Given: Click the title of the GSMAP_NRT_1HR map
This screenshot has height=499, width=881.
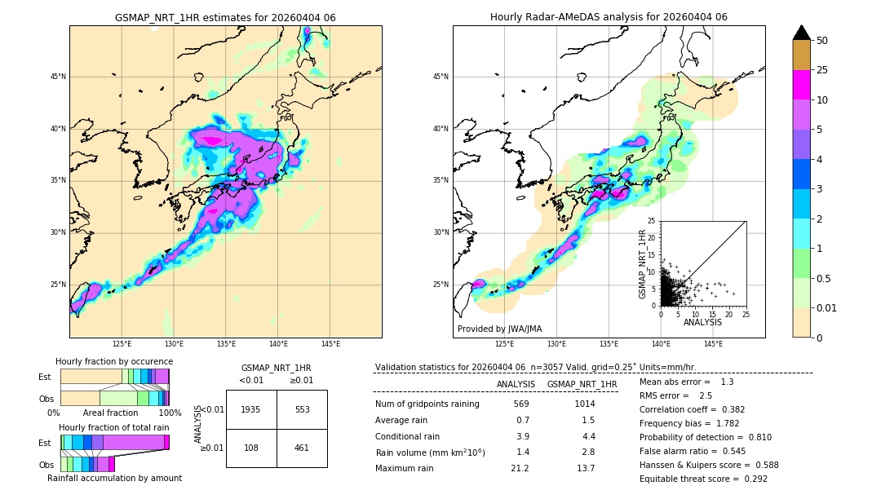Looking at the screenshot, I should [x=225, y=17].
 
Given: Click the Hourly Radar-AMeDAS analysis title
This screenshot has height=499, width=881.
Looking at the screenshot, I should [x=609, y=17].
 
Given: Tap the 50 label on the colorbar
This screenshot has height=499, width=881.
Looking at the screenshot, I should [x=822, y=41].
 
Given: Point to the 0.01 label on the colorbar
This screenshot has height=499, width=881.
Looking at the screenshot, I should [x=827, y=307].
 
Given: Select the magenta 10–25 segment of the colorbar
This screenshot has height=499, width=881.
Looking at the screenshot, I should [x=801, y=85].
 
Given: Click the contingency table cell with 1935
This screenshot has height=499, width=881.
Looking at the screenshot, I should [x=251, y=409].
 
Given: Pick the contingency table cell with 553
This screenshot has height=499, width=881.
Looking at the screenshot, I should [x=302, y=409].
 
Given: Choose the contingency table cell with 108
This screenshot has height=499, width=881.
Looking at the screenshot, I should [x=251, y=448].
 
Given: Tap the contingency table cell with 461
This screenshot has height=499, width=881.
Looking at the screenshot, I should [x=302, y=448].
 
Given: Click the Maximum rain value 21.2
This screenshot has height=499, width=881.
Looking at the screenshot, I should [x=520, y=468].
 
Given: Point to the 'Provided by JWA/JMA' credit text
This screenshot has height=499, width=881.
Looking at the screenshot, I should [x=499, y=329].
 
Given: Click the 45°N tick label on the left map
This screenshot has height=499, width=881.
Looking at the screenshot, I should [x=57, y=77].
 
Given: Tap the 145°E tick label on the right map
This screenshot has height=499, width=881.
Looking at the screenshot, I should [x=713, y=344].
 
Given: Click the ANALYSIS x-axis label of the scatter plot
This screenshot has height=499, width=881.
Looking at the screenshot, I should [x=702, y=322].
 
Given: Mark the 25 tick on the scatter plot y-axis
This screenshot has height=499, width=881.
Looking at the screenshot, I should [x=652, y=221].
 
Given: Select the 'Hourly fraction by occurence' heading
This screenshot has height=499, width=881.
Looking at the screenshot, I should [x=114, y=361].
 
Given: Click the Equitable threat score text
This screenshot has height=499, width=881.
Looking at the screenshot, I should [x=703, y=479].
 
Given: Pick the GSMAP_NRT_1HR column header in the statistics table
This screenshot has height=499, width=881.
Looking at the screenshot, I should [x=582, y=384].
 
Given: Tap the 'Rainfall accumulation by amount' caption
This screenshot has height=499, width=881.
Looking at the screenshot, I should [x=114, y=478].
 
